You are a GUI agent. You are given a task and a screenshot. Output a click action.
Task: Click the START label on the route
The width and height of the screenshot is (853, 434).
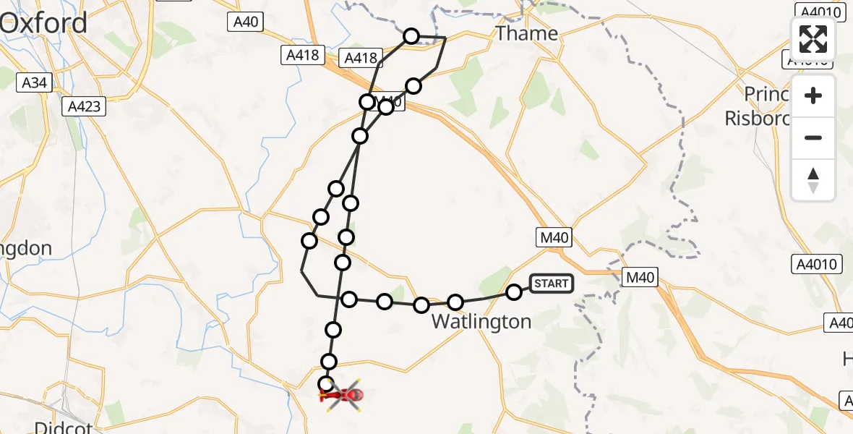pos(552,284)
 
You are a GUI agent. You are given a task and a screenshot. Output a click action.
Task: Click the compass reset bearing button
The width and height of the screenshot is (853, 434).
pos(813,180)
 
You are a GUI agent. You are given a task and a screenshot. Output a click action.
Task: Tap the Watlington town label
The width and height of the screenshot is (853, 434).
pos(481,321)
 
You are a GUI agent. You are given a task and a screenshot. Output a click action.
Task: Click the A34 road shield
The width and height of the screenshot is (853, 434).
pos(34,82)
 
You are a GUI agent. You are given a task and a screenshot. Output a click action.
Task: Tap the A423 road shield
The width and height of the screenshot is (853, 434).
pos(85,106)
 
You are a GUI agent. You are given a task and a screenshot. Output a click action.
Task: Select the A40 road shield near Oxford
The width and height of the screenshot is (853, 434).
pos(246,22)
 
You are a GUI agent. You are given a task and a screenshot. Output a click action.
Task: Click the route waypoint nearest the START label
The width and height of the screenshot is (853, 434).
pos(514,292)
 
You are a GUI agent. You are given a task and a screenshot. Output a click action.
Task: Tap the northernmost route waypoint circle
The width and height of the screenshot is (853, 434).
pos(411,35)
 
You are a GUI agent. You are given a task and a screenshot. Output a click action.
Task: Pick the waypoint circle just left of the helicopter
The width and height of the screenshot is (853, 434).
pos(326,385)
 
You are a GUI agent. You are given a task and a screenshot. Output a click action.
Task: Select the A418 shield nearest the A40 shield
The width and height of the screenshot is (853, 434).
pos(301,55)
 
